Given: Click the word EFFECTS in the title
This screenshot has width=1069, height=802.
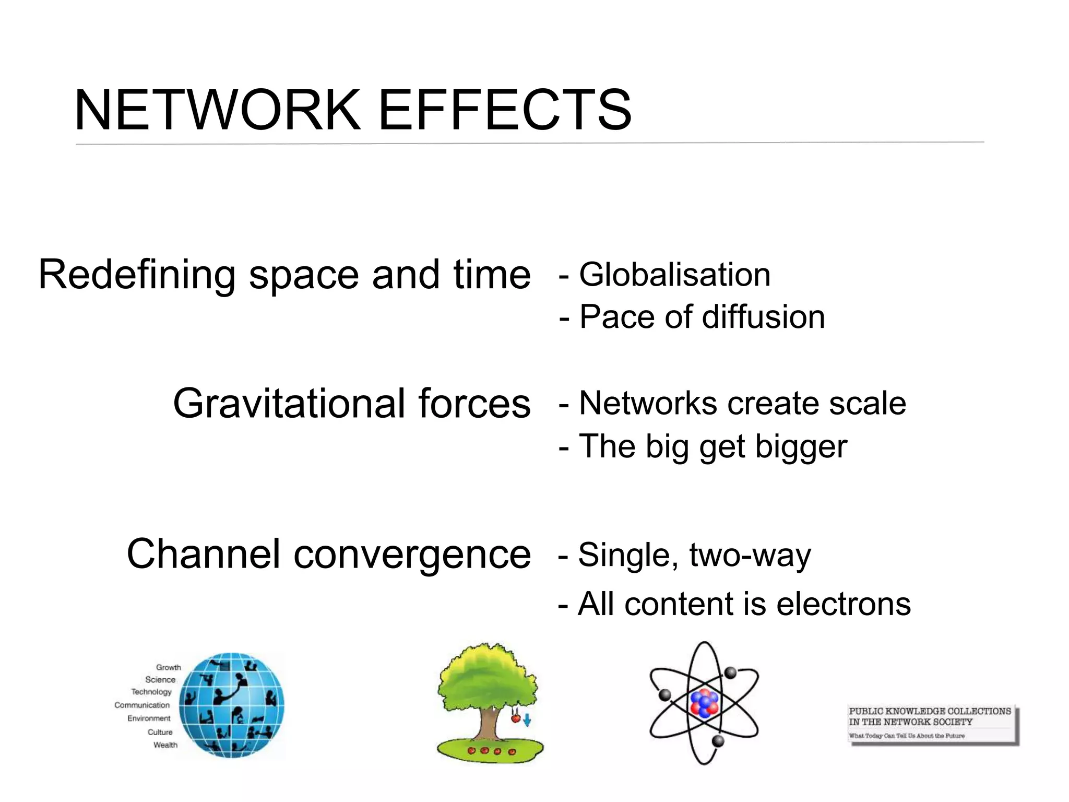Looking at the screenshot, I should point(504,110).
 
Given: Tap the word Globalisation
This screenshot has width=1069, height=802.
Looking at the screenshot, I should point(674,275).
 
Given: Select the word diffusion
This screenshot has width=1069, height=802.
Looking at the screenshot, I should point(763,317).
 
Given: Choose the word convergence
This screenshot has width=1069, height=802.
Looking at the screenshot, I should point(412,555).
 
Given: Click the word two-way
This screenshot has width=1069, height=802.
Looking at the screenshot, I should point(750,555).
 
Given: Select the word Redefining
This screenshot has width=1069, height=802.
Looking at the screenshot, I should point(137,275).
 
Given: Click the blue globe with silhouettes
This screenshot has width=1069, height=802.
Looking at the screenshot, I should point(232,705).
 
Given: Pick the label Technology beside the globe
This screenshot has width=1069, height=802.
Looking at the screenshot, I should point(151,692).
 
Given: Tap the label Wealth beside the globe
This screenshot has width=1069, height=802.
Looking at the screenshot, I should point(165,745).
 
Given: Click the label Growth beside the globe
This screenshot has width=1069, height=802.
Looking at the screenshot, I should point(168,667).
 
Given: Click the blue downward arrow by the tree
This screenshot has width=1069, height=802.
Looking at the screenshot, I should point(527,721).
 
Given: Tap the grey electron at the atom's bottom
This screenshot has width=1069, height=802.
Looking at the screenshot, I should point(718,741).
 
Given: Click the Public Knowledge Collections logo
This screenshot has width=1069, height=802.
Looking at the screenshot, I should point(932,724).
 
